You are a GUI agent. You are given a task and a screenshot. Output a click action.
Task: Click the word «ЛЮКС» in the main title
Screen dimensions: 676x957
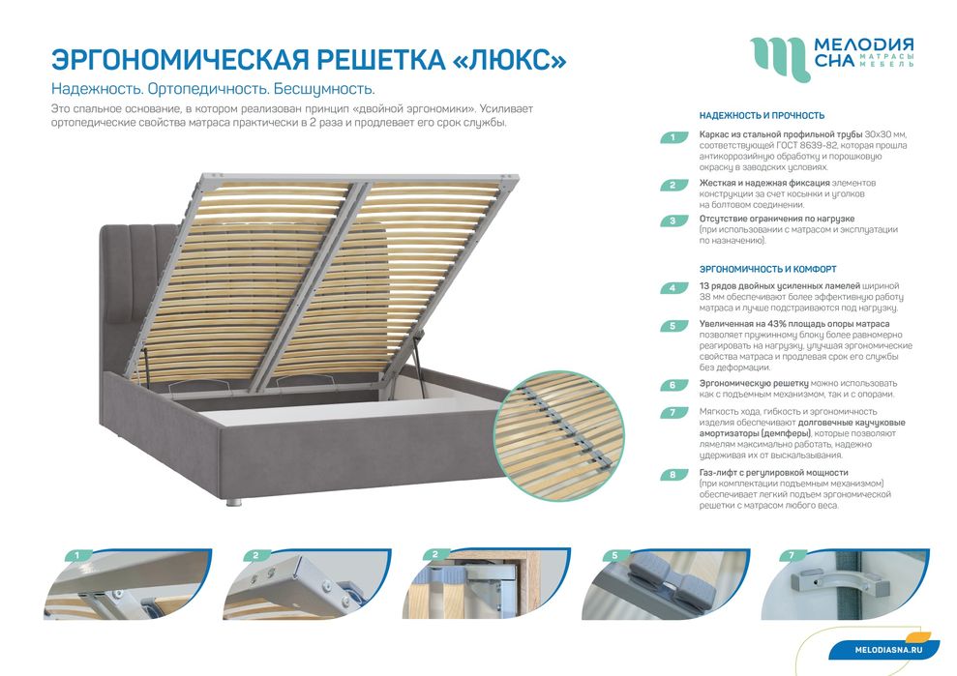[510, 58]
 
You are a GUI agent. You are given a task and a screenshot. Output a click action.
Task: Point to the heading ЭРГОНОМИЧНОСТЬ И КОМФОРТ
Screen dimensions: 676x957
[767, 269]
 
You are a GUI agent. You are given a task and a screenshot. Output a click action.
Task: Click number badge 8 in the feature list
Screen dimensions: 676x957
[673, 475]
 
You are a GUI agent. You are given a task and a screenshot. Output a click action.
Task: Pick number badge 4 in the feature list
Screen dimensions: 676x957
[673, 288]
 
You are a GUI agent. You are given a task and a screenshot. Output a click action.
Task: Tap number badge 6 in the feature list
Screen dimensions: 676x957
[673, 385]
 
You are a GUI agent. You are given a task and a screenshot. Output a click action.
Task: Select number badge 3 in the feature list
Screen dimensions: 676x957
[673, 220]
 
